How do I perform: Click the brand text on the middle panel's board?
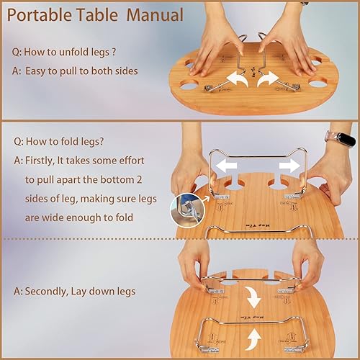(x=255, y=224)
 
